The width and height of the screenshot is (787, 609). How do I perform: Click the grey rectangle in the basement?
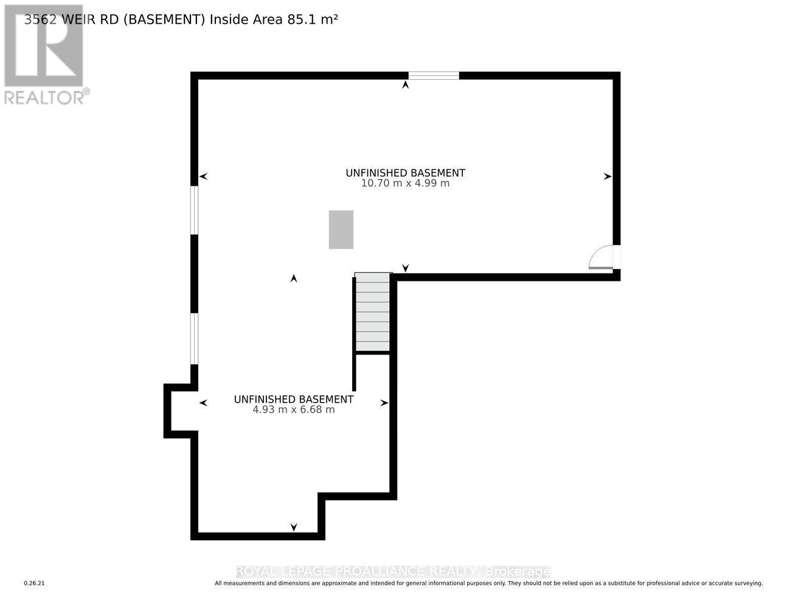(x=341, y=230)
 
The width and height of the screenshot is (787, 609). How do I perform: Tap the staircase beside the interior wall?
(x=372, y=312)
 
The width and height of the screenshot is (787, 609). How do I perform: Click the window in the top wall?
(x=433, y=76)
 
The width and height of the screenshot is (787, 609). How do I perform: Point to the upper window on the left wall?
(x=194, y=210)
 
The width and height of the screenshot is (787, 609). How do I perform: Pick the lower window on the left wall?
(x=194, y=339)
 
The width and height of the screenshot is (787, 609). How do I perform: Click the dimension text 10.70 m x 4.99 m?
(x=405, y=183)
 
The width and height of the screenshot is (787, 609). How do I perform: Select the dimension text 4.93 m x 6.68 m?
(x=294, y=410)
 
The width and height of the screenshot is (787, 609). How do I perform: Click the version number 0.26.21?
(x=35, y=583)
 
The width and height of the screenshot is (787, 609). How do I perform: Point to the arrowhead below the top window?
(x=405, y=85)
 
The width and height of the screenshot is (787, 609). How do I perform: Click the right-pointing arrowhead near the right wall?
(x=607, y=177)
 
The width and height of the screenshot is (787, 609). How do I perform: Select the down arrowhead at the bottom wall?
(x=294, y=527)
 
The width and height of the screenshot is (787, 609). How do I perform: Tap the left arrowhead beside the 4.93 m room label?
(x=203, y=403)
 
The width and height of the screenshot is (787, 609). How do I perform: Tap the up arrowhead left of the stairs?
(x=294, y=278)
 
